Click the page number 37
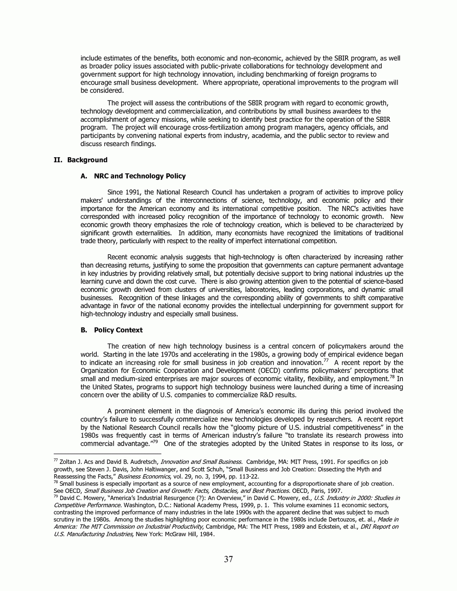coord(228,559)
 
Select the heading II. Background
coord(80,160)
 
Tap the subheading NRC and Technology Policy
coord(140,176)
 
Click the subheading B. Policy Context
coord(112,330)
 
